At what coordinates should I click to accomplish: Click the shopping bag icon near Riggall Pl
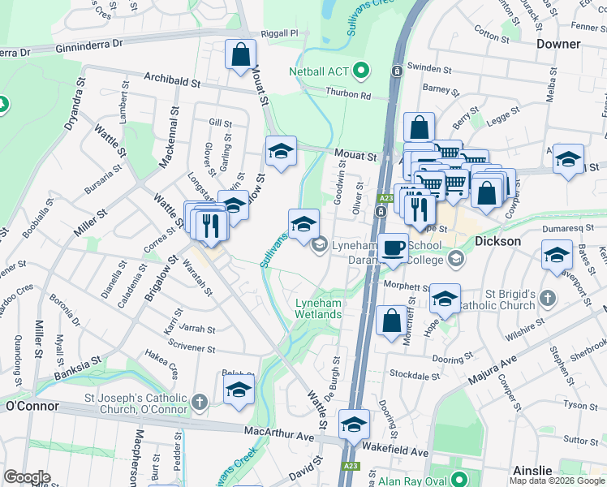coord(241,56)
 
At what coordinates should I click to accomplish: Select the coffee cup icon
coord(394,248)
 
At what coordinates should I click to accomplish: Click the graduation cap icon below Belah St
coord(239,390)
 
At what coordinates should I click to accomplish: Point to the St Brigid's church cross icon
coord(548,298)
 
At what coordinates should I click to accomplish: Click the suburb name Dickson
coord(498,242)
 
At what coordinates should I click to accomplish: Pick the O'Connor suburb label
coord(32,406)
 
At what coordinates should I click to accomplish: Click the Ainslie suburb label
coord(532,471)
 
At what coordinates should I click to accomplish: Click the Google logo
coord(27,477)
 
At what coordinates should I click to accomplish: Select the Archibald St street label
coord(172,82)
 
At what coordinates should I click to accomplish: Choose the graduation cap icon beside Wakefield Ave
coord(354,425)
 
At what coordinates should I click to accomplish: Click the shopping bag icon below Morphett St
coord(391,320)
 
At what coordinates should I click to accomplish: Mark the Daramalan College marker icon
coord(455,260)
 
